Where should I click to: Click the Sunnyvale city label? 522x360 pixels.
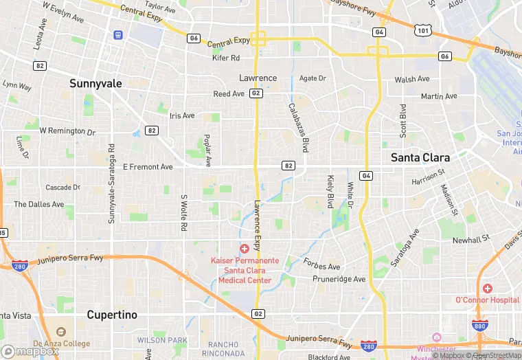[95, 83]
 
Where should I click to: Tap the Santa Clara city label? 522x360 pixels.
[420, 157]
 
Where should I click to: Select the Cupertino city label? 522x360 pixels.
[112, 315]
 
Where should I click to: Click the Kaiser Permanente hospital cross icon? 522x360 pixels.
[244, 248]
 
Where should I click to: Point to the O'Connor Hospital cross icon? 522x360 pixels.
[487, 289]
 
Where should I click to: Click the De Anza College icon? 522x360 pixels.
[60, 333]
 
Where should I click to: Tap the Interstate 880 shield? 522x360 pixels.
[480, 326]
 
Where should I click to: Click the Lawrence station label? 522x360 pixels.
[258, 78]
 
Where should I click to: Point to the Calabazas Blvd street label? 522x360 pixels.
[297, 128]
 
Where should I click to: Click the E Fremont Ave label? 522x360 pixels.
[148, 167]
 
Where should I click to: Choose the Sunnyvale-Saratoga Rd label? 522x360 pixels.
[112, 188]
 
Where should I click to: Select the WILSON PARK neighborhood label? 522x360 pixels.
[162, 340]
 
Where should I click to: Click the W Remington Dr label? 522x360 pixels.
[67, 131]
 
